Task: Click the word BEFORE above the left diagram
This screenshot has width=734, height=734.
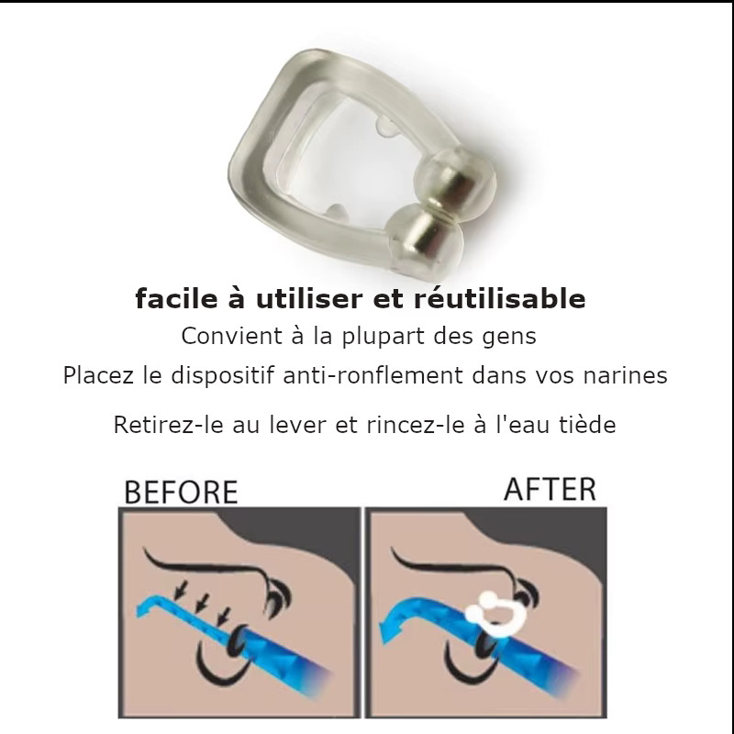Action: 181,492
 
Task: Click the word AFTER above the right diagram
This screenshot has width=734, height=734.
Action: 550,489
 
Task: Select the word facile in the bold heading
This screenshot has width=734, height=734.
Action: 176,299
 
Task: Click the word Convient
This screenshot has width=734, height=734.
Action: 232,336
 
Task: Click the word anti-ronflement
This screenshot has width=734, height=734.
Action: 373,375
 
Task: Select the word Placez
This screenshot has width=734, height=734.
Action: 98,375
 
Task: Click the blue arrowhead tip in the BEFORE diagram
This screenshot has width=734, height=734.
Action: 136,609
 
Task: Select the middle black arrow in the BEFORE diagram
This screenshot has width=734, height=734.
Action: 202,603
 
